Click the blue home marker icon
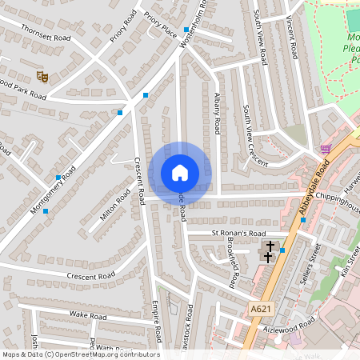click(x=180, y=172)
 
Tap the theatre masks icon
click(x=42, y=77)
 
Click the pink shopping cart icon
click(x=326, y=149)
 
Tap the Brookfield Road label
click(x=231, y=263)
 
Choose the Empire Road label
click(x=157, y=320)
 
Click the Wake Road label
click(x=88, y=316)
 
